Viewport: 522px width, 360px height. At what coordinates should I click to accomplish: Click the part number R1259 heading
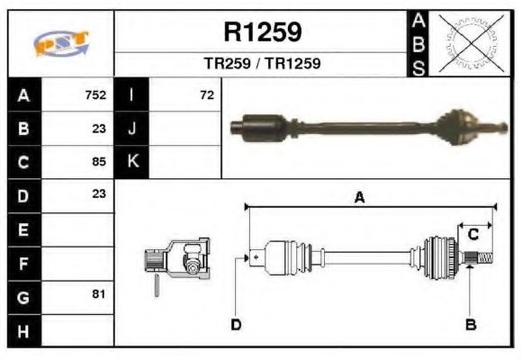[x=262, y=33]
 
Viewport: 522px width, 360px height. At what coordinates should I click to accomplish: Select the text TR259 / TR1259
[x=262, y=65]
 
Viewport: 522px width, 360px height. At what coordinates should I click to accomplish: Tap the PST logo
[x=61, y=44]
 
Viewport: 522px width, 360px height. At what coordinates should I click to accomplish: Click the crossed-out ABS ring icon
[x=470, y=42]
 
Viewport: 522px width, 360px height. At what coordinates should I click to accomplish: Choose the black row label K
[x=132, y=162]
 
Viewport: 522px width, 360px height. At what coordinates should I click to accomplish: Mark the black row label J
[x=132, y=128]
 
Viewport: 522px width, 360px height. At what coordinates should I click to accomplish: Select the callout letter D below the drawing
[x=236, y=324]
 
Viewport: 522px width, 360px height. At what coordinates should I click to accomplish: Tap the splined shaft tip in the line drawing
[x=481, y=260]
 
